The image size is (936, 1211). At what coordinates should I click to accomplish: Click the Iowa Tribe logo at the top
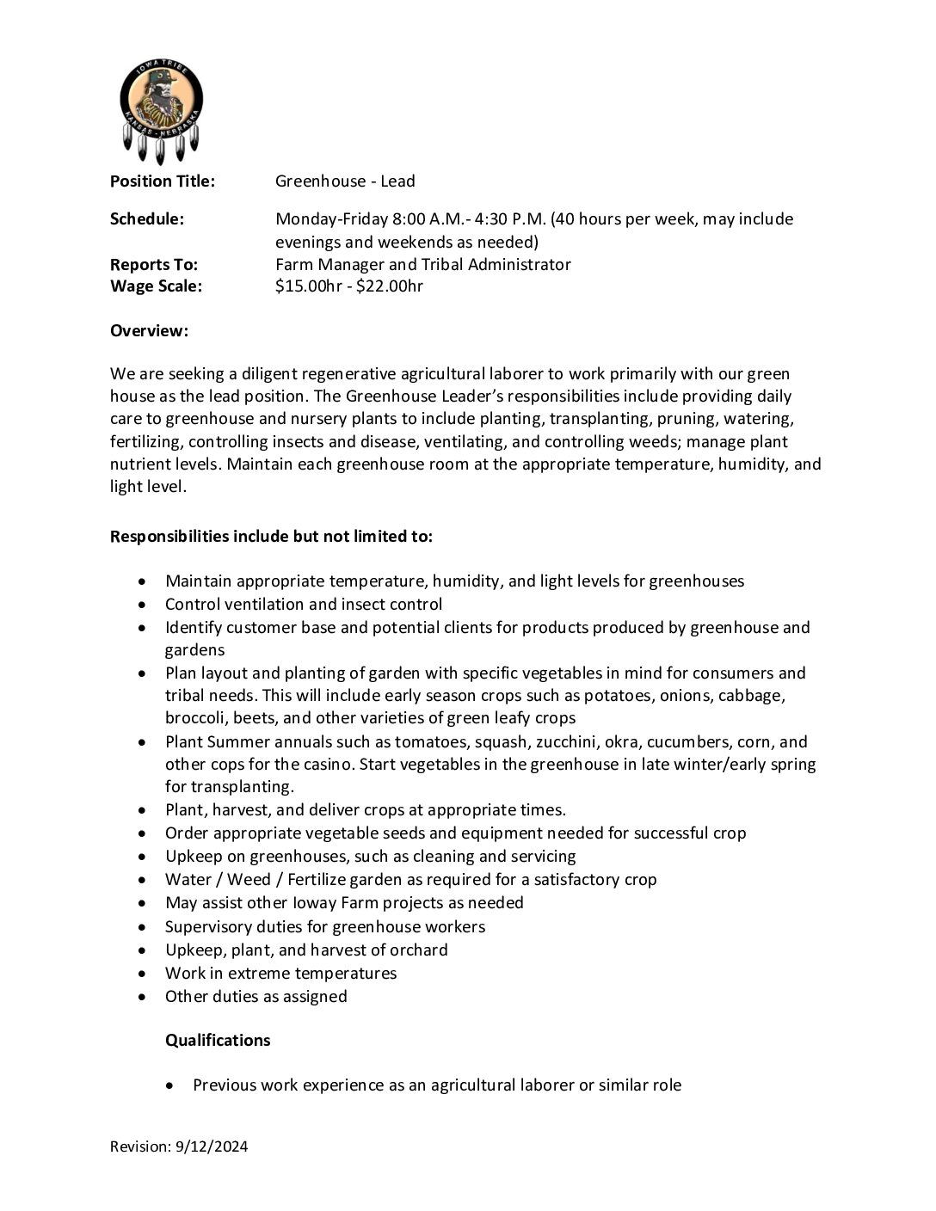[161, 109]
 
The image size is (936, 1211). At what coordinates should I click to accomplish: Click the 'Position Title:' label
[162, 181]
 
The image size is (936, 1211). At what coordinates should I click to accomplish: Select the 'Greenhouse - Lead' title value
[345, 181]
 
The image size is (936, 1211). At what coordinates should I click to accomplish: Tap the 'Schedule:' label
[146, 218]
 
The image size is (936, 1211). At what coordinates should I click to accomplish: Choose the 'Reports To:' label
[153, 264]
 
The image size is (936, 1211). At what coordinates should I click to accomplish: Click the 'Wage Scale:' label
[156, 286]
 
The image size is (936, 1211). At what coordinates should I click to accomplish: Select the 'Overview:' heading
[149, 330]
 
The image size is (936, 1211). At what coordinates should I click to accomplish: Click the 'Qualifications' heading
[218, 1040]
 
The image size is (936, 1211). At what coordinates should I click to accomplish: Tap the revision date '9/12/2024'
[212, 1146]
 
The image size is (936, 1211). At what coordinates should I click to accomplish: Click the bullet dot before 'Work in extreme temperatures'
[143, 974]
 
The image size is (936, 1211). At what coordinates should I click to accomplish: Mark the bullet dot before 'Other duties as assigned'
[143, 997]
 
